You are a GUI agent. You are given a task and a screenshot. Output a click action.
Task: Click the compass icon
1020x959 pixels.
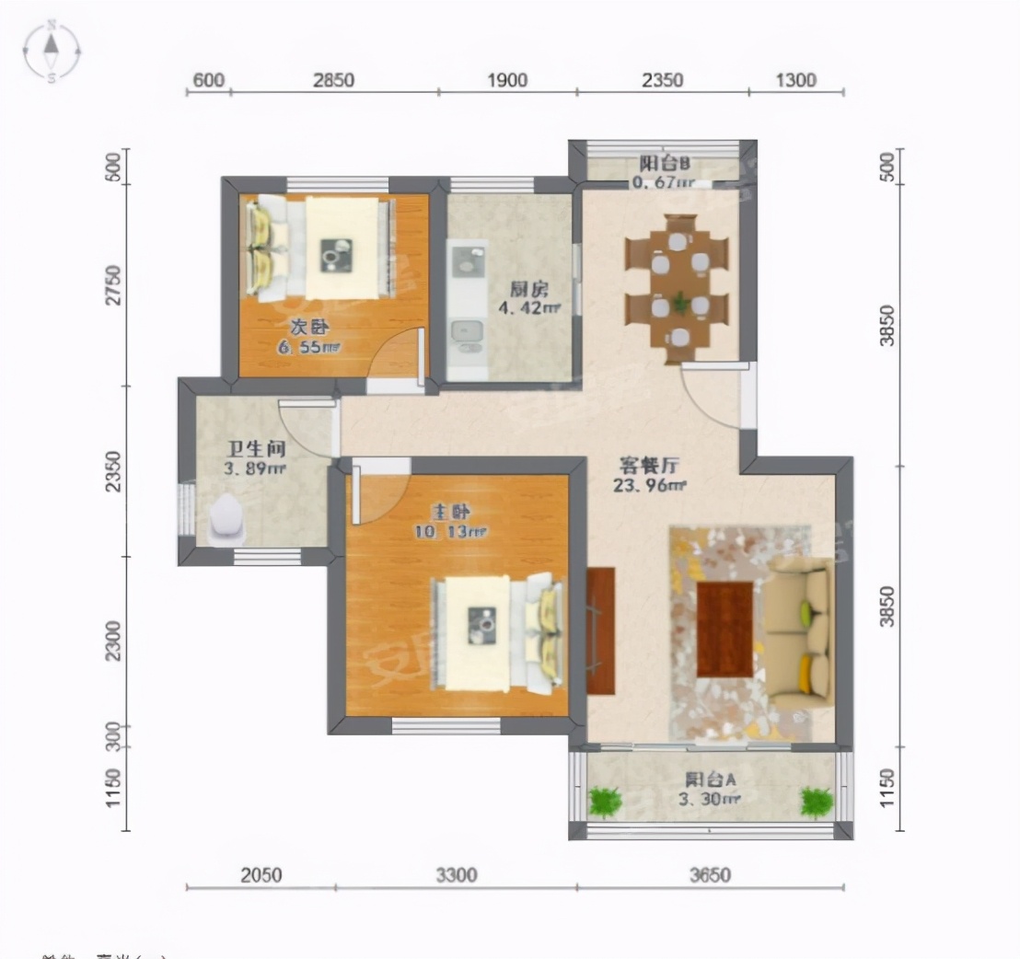[52, 51]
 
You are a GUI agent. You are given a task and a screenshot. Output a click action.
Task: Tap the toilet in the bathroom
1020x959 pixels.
[226, 521]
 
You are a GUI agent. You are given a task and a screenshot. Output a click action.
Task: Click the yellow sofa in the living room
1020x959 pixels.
[799, 635]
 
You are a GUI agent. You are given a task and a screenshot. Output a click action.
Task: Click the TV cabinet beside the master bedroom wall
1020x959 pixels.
[600, 630]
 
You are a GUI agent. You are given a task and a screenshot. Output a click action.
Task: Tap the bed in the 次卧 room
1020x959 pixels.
[322, 247]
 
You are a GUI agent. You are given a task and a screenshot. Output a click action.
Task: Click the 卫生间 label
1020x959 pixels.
[256, 449]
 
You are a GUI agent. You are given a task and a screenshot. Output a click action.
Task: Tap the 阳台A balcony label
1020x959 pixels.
[710, 780]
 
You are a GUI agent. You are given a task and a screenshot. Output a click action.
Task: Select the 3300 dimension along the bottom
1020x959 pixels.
[456, 874]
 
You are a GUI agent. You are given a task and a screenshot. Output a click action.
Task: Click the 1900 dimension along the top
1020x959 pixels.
[506, 80]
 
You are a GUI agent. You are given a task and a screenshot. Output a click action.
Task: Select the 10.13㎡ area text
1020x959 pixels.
[460, 531]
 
